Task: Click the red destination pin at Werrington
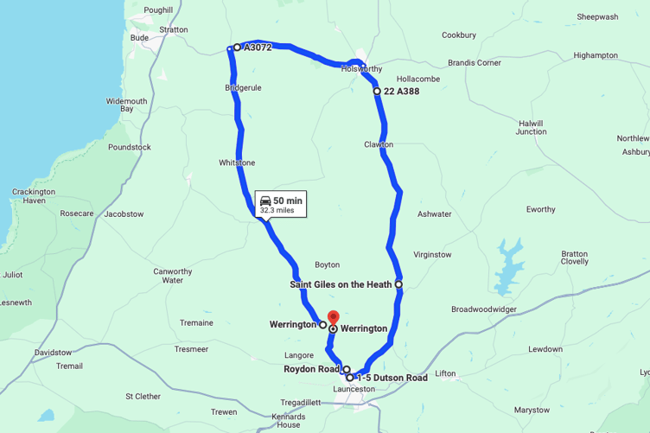[333, 317]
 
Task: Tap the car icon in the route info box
[265, 201]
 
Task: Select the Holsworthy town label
[361, 69]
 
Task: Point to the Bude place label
[139, 37]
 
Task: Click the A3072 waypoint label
[258, 48]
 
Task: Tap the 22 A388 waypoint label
[401, 91]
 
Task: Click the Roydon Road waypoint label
[311, 369]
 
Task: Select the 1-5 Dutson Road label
[392, 378]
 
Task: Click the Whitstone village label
[237, 162]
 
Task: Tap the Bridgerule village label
[243, 88]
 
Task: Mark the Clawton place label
[379, 144]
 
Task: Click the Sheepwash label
[597, 16]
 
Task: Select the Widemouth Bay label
[126, 105]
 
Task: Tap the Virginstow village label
[432, 255]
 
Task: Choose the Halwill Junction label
[531, 127]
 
